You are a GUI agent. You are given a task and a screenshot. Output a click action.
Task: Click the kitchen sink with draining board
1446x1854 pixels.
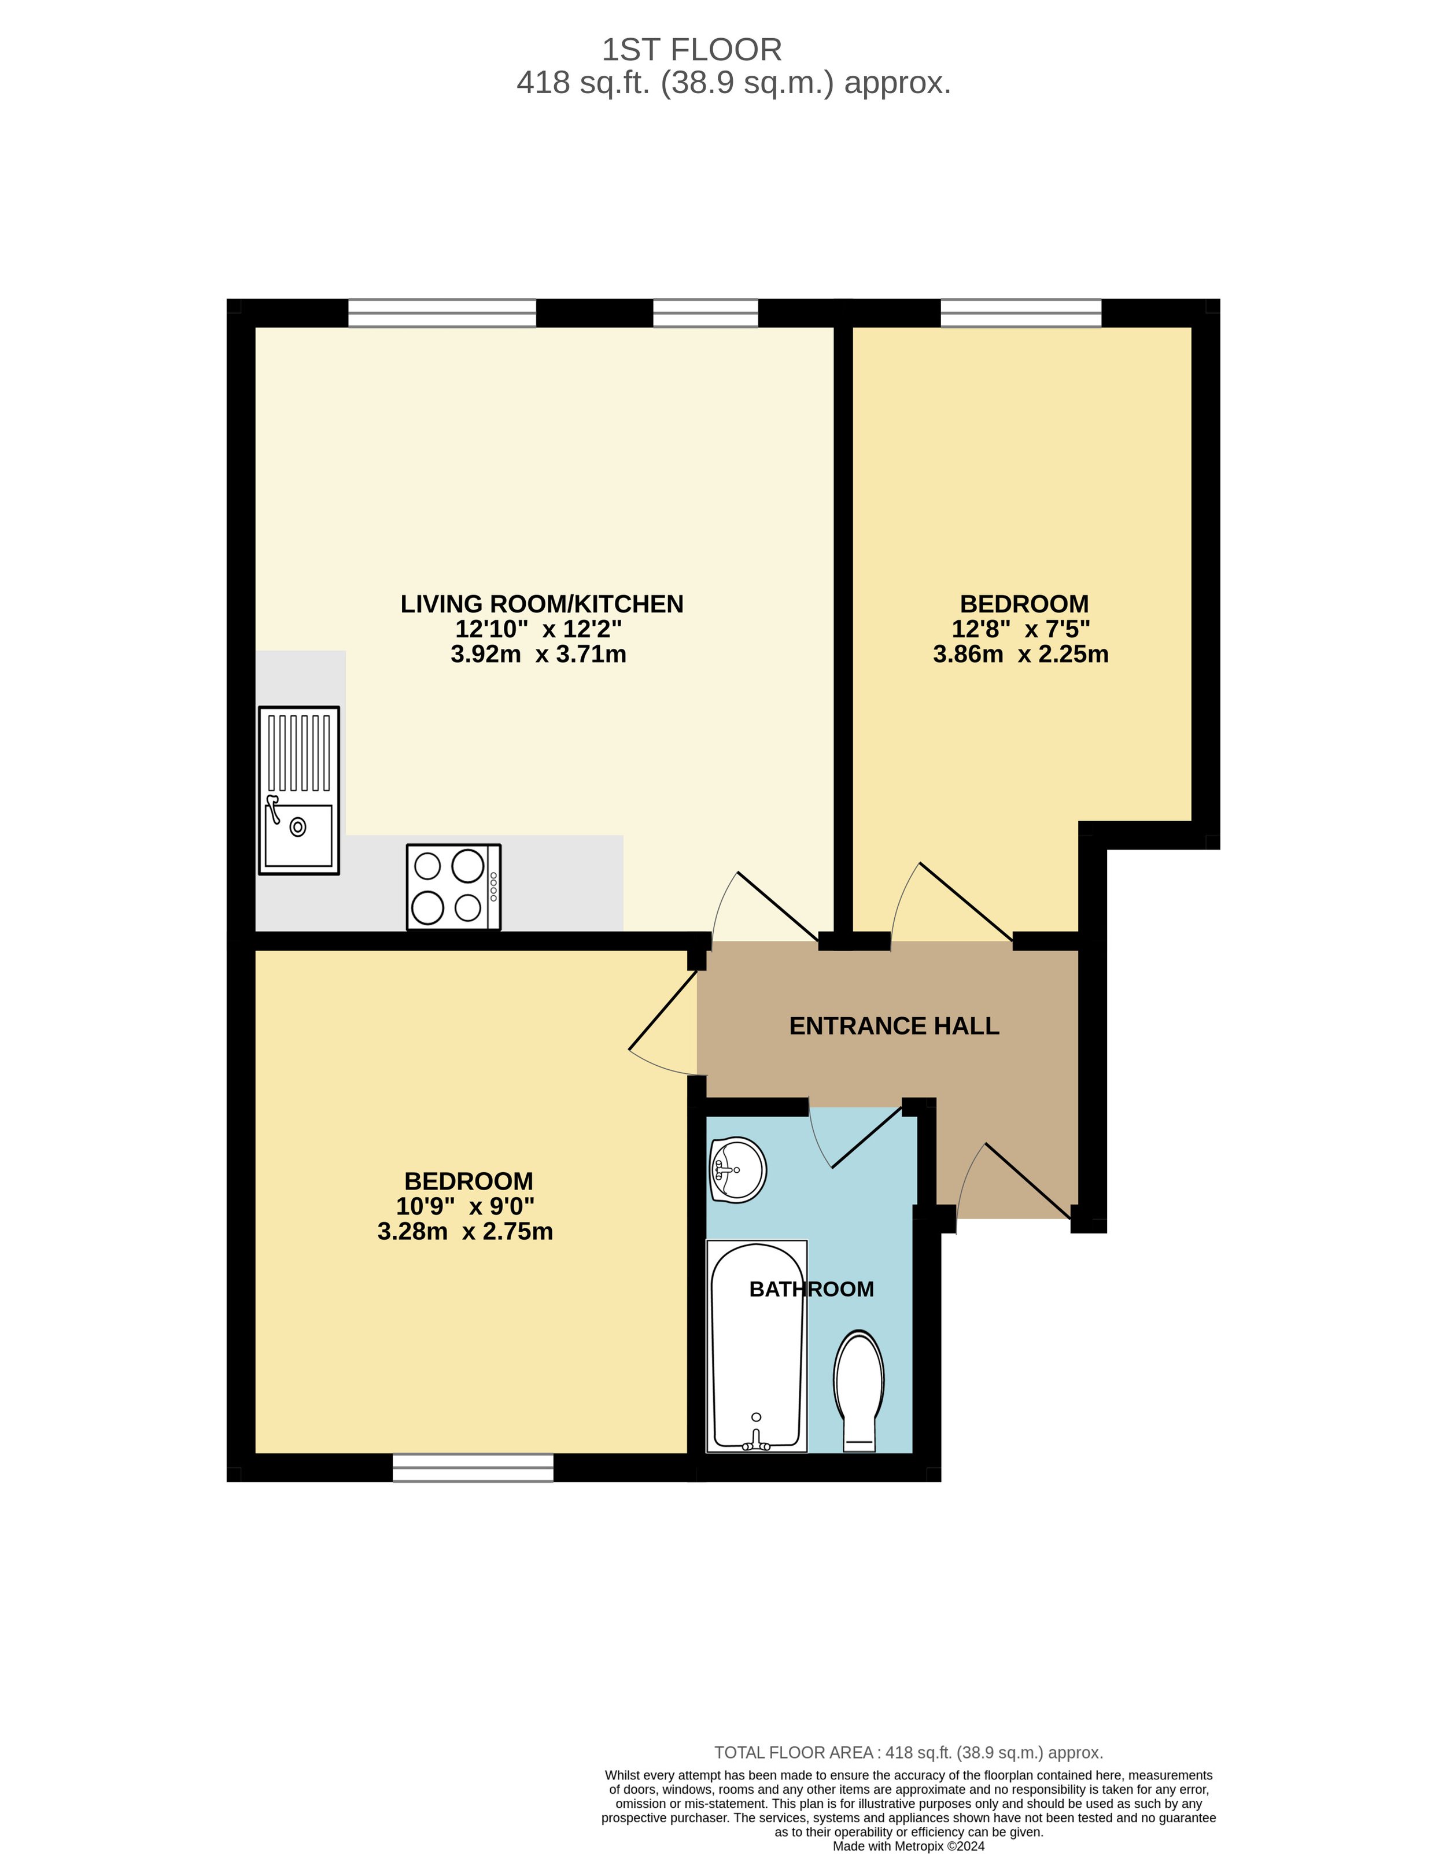(299, 791)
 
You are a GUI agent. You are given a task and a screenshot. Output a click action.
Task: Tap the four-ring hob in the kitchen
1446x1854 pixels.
(453, 887)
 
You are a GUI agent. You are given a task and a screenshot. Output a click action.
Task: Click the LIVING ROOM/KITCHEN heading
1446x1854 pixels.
(542, 604)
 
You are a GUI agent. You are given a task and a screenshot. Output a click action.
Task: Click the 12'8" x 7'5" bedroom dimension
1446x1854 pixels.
(1021, 629)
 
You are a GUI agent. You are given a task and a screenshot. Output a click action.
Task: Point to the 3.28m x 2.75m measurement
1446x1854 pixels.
(465, 1231)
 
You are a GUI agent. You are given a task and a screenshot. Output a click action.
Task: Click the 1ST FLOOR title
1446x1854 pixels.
(691, 50)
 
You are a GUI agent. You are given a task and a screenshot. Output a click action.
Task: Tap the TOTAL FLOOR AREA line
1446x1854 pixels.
(909, 1752)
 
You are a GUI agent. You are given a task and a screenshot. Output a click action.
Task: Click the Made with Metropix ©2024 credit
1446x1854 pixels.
(909, 1845)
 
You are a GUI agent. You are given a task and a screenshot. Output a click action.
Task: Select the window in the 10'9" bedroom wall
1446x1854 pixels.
(473, 1469)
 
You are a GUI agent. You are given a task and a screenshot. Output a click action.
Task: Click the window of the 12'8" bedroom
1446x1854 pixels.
(1021, 313)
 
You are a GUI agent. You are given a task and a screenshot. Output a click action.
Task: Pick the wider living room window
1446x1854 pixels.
(442, 313)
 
